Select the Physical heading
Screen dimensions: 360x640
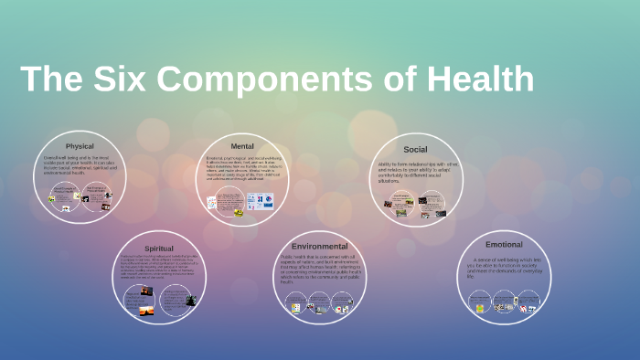pyautogui.click(x=80, y=146)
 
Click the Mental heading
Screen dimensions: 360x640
pyautogui.click(x=242, y=145)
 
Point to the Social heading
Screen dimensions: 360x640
pyautogui.click(x=415, y=149)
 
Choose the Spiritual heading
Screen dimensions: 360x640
pyautogui.click(x=159, y=248)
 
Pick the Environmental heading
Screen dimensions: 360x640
pyautogui.click(x=319, y=247)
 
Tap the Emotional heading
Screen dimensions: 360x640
pyautogui.click(x=504, y=245)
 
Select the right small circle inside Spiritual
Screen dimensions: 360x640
pyautogui.click(x=176, y=301)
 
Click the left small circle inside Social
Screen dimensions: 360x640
pyautogui.click(x=401, y=206)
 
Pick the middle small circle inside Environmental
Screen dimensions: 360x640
pyautogui.click(x=319, y=302)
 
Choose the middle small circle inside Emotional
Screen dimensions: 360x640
pyautogui.click(x=504, y=302)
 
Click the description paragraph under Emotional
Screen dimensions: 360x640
pyautogui.click(x=504, y=267)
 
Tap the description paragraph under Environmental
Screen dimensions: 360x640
pyautogui.click(x=319, y=269)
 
